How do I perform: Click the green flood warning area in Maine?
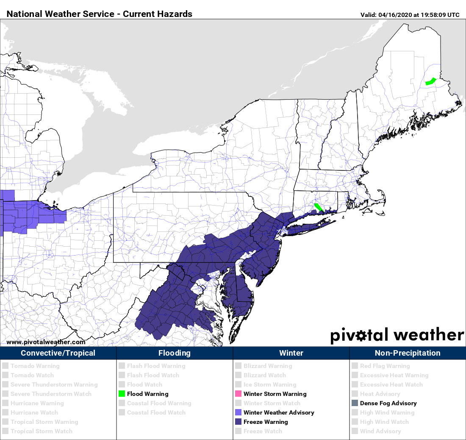click(431, 81)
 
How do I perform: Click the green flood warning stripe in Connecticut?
click(318, 208)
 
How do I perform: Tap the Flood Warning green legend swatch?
click(122, 394)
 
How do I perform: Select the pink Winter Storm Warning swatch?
click(238, 394)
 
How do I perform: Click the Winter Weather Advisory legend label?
click(279, 412)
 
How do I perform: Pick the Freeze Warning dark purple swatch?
click(238, 422)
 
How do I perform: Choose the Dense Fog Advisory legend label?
click(388, 403)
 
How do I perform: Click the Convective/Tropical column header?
click(58, 353)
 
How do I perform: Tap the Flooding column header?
click(175, 353)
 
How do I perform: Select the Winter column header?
click(291, 353)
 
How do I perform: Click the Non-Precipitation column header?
click(408, 353)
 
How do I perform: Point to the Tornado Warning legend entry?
click(35, 366)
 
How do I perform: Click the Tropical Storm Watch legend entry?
click(41, 431)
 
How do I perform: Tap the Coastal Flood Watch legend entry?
click(156, 412)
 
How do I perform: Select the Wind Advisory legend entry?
click(380, 431)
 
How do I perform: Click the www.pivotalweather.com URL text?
click(46, 342)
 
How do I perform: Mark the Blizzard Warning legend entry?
click(267, 366)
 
